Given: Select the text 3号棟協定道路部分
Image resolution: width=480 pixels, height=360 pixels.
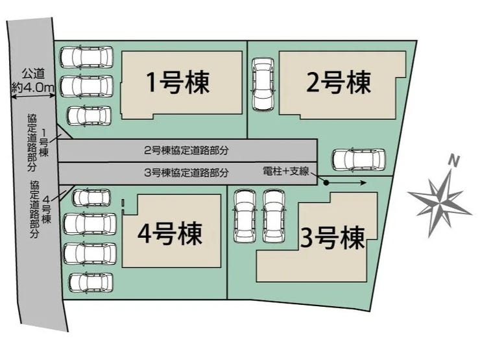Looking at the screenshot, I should pos(187,173).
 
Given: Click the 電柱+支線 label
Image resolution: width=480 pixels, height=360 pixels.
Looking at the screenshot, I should pos(285,171).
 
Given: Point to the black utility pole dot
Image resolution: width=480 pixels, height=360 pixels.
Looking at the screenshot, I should pos(327,183).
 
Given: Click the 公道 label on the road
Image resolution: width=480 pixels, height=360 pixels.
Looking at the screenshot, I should pos(32,73).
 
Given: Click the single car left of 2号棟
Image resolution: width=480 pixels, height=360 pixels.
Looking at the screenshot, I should pos(263,84).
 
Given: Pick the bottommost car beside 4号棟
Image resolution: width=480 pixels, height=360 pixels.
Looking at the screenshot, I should pos(90,283).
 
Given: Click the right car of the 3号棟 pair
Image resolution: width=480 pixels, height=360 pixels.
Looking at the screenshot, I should pos(274,214).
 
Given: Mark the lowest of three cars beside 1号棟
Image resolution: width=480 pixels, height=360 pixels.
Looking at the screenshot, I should pos(89,115).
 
